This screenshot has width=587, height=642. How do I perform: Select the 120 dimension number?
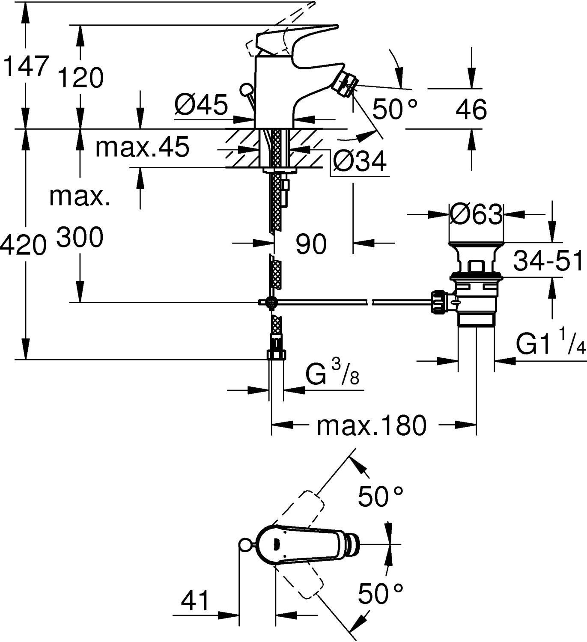[x=80, y=77]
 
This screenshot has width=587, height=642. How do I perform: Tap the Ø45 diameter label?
[x=201, y=104]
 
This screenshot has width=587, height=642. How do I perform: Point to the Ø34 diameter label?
[x=360, y=161]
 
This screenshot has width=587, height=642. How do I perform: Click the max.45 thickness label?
[x=142, y=147]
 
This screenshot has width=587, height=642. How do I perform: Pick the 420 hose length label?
[x=24, y=246]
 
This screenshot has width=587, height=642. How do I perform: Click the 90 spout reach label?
[x=311, y=244]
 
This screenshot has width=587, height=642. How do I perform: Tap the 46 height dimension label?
[x=471, y=110]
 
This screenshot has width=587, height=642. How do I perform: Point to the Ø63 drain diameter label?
[x=476, y=214]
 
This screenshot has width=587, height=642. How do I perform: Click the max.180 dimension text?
[x=372, y=425]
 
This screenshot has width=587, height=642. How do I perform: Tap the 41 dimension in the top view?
[x=195, y=600]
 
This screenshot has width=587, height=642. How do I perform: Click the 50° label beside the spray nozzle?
[x=394, y=109]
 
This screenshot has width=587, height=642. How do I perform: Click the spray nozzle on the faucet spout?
[x=344, y=83]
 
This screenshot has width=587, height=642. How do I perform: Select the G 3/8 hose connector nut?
[x=277, y=354]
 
